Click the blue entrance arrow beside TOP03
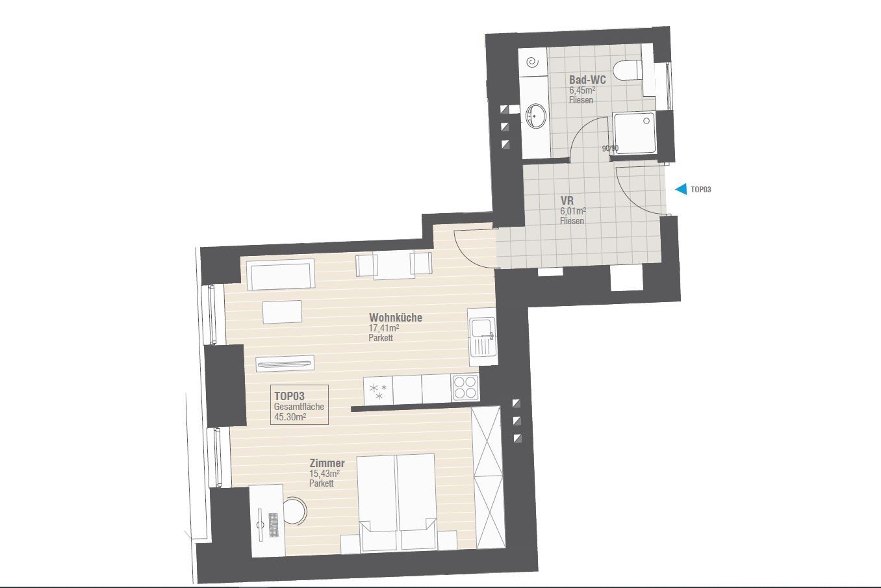click(x=681, y=189)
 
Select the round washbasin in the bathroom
click(x=535, y=116)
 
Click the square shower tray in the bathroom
click(x=634, y=133)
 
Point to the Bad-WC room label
click(x=587, y=80)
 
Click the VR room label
click(x=567, y=201)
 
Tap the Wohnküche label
click(x=395, y=318)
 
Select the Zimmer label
click(x=327, y=463)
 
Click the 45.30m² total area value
click(x=290, y=417)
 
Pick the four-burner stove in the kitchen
click(x=465, y=387)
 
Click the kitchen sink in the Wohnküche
click(x=482, y=337)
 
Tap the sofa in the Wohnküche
click(x=281, y=275)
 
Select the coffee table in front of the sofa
click(x=282, y=312)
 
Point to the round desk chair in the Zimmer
click(x=294, y=511)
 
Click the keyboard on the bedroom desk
click(x=273, y=525)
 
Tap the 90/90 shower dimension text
click(x=610, y=149)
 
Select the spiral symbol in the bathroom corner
click(x=533, y=62)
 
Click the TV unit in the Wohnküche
click(x=285, y=363)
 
